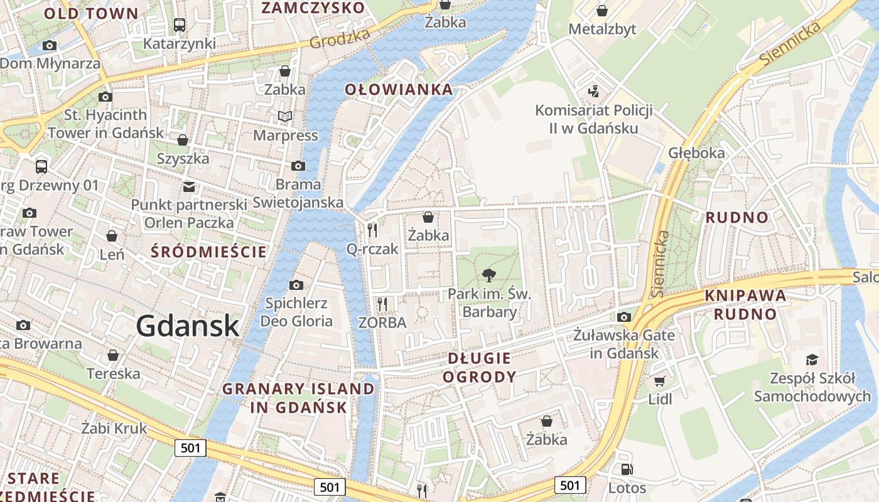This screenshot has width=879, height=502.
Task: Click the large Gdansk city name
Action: tap(188, 326)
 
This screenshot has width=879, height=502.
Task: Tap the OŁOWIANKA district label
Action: tap(399, 90)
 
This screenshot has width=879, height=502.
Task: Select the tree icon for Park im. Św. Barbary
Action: tap(489, 275)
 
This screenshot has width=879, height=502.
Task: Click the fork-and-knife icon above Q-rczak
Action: tap(372, 230)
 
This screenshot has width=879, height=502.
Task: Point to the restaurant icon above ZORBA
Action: tap(382, 304)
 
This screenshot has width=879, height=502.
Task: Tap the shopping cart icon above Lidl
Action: tap(659, 381)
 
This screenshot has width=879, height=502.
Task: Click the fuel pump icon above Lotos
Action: tap(627, 469)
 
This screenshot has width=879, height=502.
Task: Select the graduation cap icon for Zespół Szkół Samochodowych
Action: tap(812, 360)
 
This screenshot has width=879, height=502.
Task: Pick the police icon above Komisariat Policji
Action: tap(593, 92)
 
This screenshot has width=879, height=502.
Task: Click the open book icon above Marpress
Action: tap(285, 116)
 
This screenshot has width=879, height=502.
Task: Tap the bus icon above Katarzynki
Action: tap(180, 25)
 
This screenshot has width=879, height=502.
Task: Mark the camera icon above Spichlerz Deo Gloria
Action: tap(296, 285)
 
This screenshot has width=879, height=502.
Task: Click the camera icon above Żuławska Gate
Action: tap(624, 317)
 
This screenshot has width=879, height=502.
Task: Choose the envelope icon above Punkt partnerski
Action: tap(188, 186)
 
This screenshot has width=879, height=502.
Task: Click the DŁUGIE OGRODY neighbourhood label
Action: tap(480, 368)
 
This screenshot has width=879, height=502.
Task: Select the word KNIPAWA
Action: tap(746, 296)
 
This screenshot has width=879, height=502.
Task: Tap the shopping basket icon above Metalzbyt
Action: tap(602, 11)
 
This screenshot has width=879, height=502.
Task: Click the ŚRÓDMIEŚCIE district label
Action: tap(209, 252)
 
